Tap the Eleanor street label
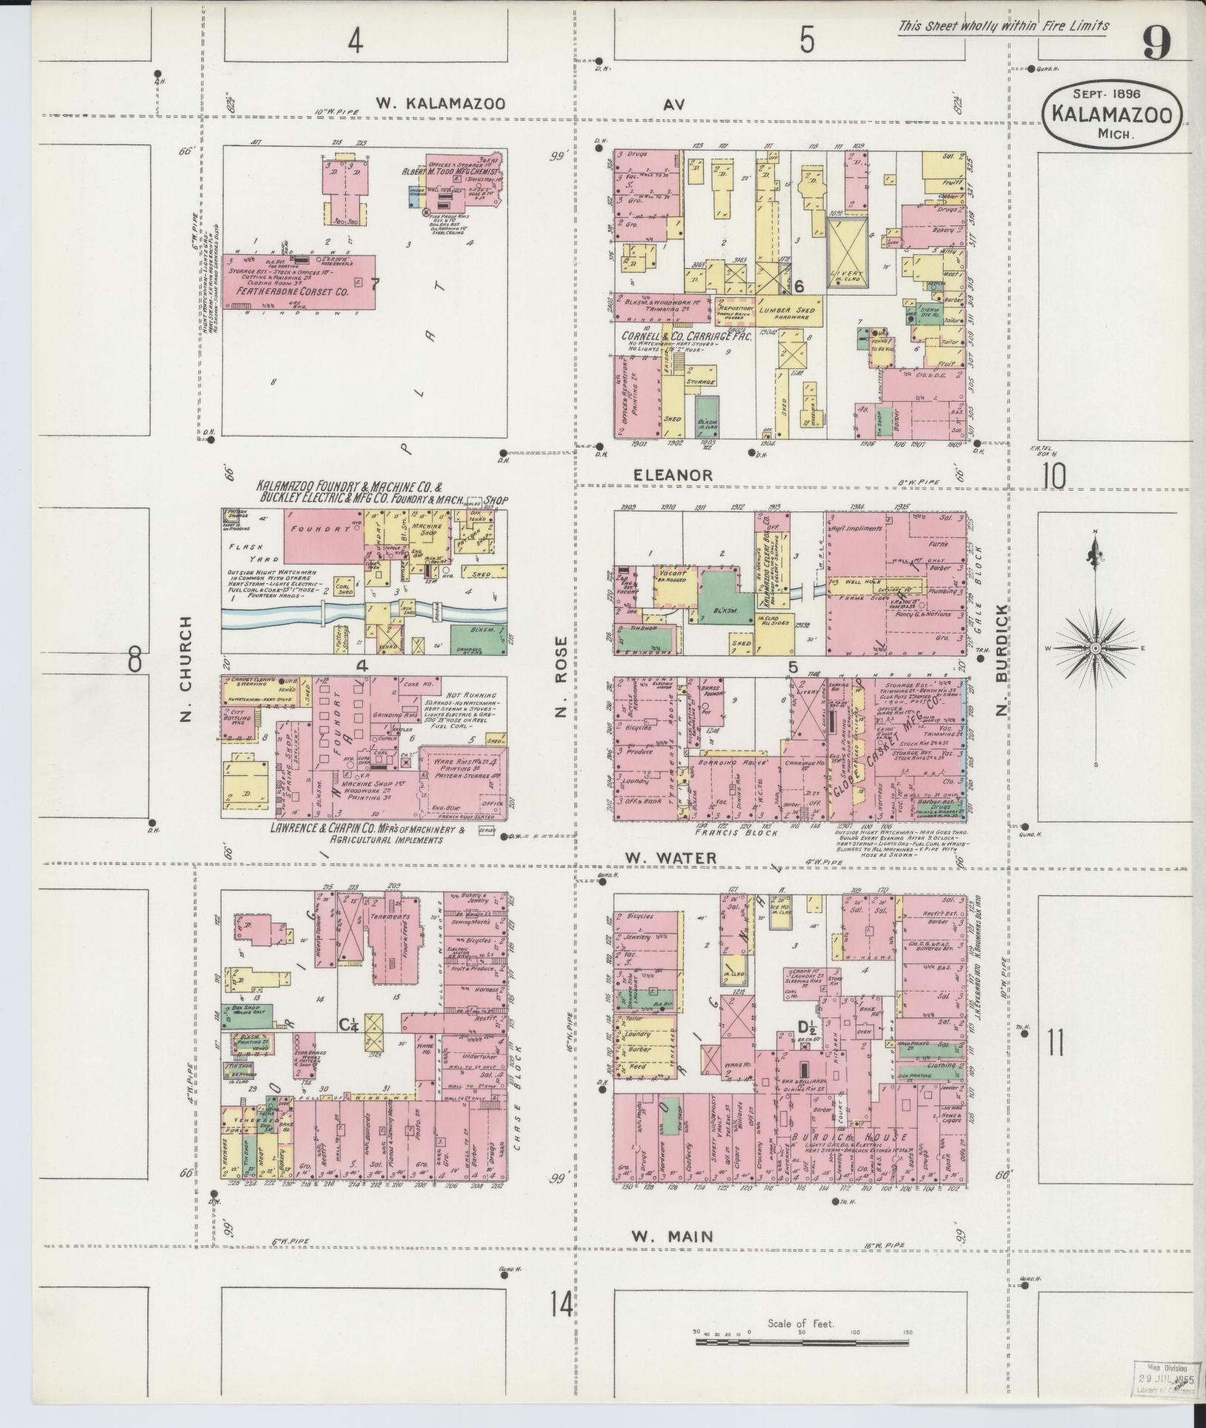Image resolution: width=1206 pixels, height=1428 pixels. click(673, 474)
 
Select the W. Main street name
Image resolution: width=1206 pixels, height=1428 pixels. click(673, 1235)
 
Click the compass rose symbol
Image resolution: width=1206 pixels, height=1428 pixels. click(1095, 648)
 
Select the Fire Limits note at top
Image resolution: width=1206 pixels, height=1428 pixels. click(1004, 27)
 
